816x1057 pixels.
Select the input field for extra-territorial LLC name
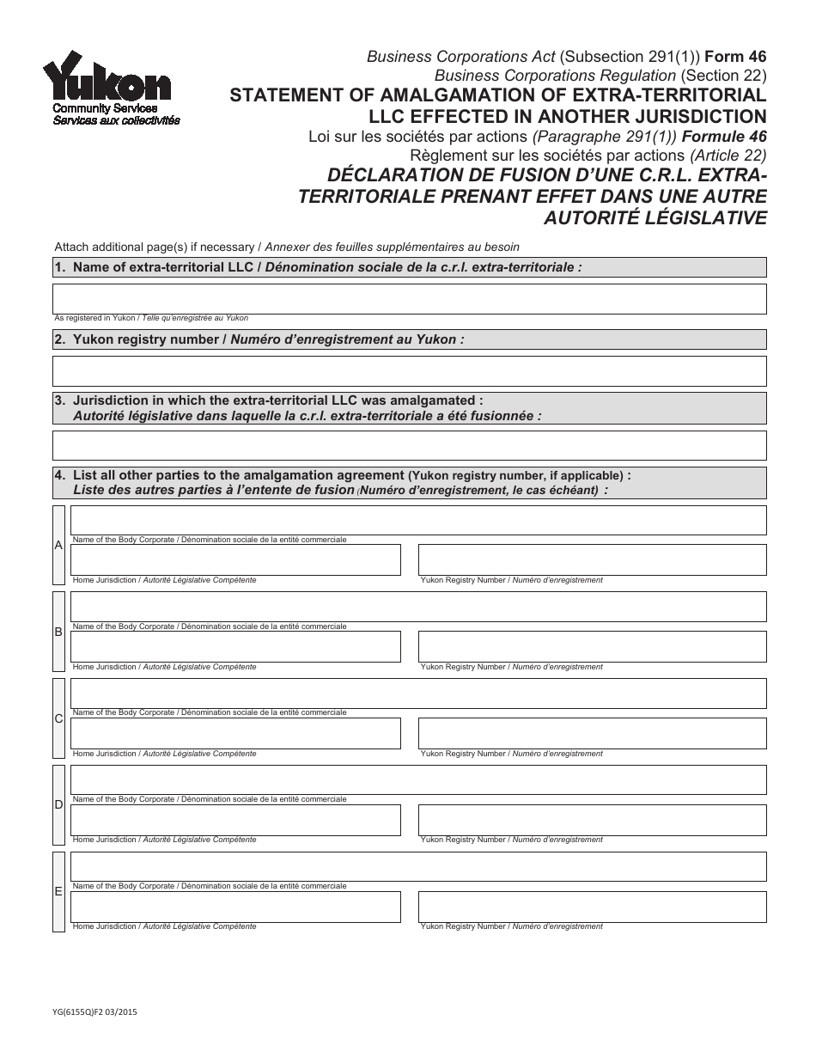409,299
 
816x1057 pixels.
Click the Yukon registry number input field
409,371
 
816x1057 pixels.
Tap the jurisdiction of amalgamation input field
409,445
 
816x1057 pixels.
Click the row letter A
58,545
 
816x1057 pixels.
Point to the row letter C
58,718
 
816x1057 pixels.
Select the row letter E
58,891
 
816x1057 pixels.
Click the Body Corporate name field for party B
417,607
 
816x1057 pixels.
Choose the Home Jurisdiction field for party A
235,559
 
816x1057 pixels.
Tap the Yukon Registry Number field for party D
592,820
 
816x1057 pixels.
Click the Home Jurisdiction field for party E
235,907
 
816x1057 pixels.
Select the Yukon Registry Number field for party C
592,733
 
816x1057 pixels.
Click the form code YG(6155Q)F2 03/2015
94,1015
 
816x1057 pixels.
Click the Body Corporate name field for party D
417,780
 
